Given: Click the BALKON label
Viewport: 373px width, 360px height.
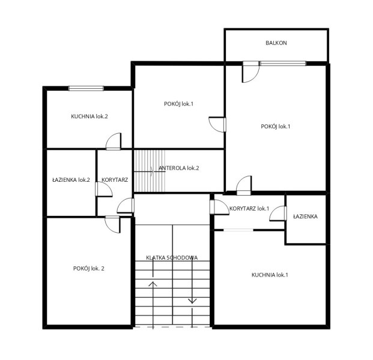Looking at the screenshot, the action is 276,43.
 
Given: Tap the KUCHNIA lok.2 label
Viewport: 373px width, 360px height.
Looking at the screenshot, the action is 89,116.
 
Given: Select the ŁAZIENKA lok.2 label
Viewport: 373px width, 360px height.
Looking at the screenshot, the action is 71,180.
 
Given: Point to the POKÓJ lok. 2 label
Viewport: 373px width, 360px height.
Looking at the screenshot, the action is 88,269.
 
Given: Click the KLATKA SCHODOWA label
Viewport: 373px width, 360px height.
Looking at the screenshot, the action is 172,258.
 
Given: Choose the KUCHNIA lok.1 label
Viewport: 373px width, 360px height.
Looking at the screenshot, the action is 270,275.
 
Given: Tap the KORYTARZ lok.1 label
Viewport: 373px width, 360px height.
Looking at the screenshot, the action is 249,209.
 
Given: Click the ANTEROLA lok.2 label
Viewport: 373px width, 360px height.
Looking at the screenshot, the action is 178,168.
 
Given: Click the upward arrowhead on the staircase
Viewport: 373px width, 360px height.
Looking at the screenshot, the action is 153,283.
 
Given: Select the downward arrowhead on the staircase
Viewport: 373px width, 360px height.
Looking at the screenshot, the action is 192,301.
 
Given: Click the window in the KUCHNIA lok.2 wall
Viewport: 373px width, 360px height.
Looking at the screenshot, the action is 86,88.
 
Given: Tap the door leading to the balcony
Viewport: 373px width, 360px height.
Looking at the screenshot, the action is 250,72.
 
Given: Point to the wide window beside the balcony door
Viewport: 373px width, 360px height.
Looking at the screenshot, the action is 283,64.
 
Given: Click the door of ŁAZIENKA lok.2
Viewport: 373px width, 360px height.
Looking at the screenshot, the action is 104,189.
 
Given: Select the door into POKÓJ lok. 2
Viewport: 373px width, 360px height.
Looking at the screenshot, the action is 112,224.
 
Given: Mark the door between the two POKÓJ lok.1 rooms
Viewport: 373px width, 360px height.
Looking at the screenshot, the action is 217,125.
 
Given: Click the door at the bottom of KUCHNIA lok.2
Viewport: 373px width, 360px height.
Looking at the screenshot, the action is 114,142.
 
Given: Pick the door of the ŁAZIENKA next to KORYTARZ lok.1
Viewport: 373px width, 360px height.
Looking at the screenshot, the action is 278,214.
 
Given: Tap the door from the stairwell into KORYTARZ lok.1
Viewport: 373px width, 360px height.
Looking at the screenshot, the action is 219,207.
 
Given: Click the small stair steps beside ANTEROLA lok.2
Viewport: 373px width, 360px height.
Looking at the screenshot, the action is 150,170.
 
